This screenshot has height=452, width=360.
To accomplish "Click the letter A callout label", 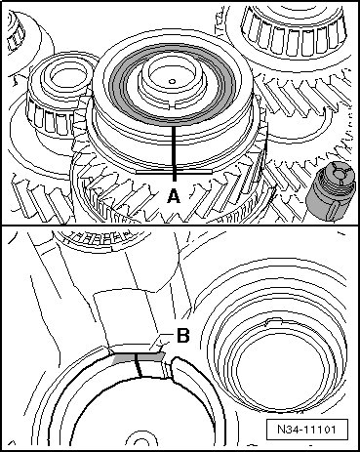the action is click(174, 197).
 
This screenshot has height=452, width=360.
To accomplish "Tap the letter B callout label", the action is click(183, 336).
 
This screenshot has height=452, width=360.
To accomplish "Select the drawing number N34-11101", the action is click(306, 430).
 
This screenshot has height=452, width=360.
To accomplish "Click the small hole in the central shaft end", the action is click(173, 81).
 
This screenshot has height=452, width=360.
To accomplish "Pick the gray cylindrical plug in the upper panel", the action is click(330, 191).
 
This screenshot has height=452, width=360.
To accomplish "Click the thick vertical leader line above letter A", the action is click(175, 153).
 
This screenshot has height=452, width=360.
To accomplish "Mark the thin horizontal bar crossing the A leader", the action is click(174, 171).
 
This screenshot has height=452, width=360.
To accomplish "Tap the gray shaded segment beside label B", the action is click(138, 358).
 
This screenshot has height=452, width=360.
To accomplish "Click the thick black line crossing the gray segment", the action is click(139, 365).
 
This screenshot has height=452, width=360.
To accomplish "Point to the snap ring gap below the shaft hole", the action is click(173, 105).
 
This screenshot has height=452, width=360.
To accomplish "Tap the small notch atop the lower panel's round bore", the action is click(274, 322).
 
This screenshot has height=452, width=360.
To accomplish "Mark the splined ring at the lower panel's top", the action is click(100, 238).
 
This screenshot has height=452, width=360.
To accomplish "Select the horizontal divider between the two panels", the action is click(180, 226).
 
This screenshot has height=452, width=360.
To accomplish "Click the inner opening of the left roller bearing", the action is click(62, 78).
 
